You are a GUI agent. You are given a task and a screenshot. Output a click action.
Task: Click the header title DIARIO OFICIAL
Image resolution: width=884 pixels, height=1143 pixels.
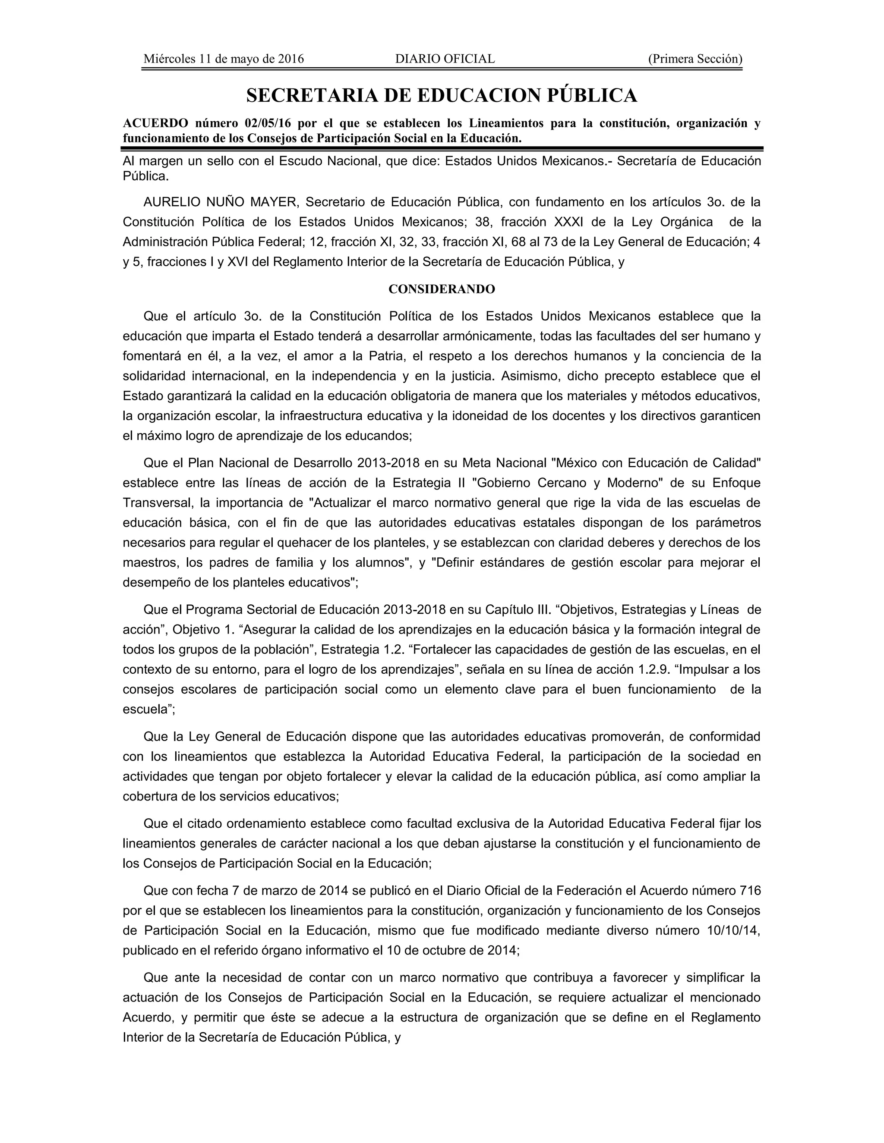coord(445,59)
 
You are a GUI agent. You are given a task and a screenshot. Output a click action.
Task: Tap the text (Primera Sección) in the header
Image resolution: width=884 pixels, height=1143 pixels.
coord(695,59)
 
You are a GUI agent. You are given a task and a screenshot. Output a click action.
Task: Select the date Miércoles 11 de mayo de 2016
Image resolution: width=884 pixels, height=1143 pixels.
coord(224,59)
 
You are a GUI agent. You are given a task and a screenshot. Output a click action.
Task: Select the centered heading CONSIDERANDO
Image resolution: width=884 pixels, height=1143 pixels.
coord(442,289)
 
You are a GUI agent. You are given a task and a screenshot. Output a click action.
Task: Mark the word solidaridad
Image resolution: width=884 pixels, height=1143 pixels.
coord(154,376)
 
